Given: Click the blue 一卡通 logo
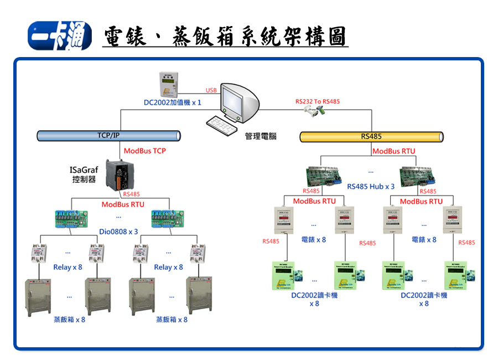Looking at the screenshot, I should tap(60, 36).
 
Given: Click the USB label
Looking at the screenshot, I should tap(211, 90).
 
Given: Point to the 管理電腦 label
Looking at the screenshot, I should tap(261, 136).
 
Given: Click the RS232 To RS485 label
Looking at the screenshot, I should tap(318, 101).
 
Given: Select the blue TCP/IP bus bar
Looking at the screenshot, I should tap(109, 136).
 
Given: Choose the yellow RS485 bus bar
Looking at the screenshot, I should tap(371, 136).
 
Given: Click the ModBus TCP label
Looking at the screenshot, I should tap(144, 151).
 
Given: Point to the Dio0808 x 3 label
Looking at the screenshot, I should tap(119, 232).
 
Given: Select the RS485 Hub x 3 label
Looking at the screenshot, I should tap(371, 187).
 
